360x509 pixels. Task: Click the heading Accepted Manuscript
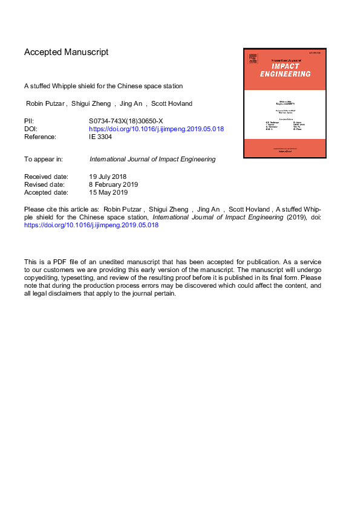click(67, 52)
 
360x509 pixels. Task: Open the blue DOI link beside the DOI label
click(156, 129)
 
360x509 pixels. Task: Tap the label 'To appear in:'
click(44, 160)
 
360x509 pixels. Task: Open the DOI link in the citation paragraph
click(91, 225)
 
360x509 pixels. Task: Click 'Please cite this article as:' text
click(61, 209)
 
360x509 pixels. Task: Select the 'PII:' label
click(29, 121)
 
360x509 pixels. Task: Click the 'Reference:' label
click(40, 137)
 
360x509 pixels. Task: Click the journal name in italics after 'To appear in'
click(151, 160)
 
